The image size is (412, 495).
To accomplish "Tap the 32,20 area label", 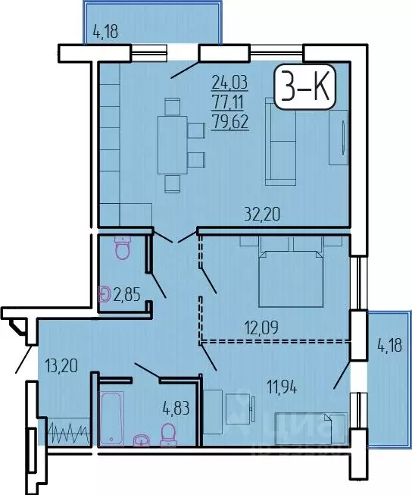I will [x=261, y=214].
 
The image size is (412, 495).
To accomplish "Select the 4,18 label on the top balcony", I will [x=107, y=32].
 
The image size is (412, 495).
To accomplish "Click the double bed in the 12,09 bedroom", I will [x=292, y=271].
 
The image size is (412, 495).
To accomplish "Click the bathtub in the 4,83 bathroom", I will [x=111, y=418].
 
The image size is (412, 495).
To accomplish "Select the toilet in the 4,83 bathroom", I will [x=168, y=433].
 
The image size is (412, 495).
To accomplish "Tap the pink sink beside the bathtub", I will [x=141, y=439].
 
